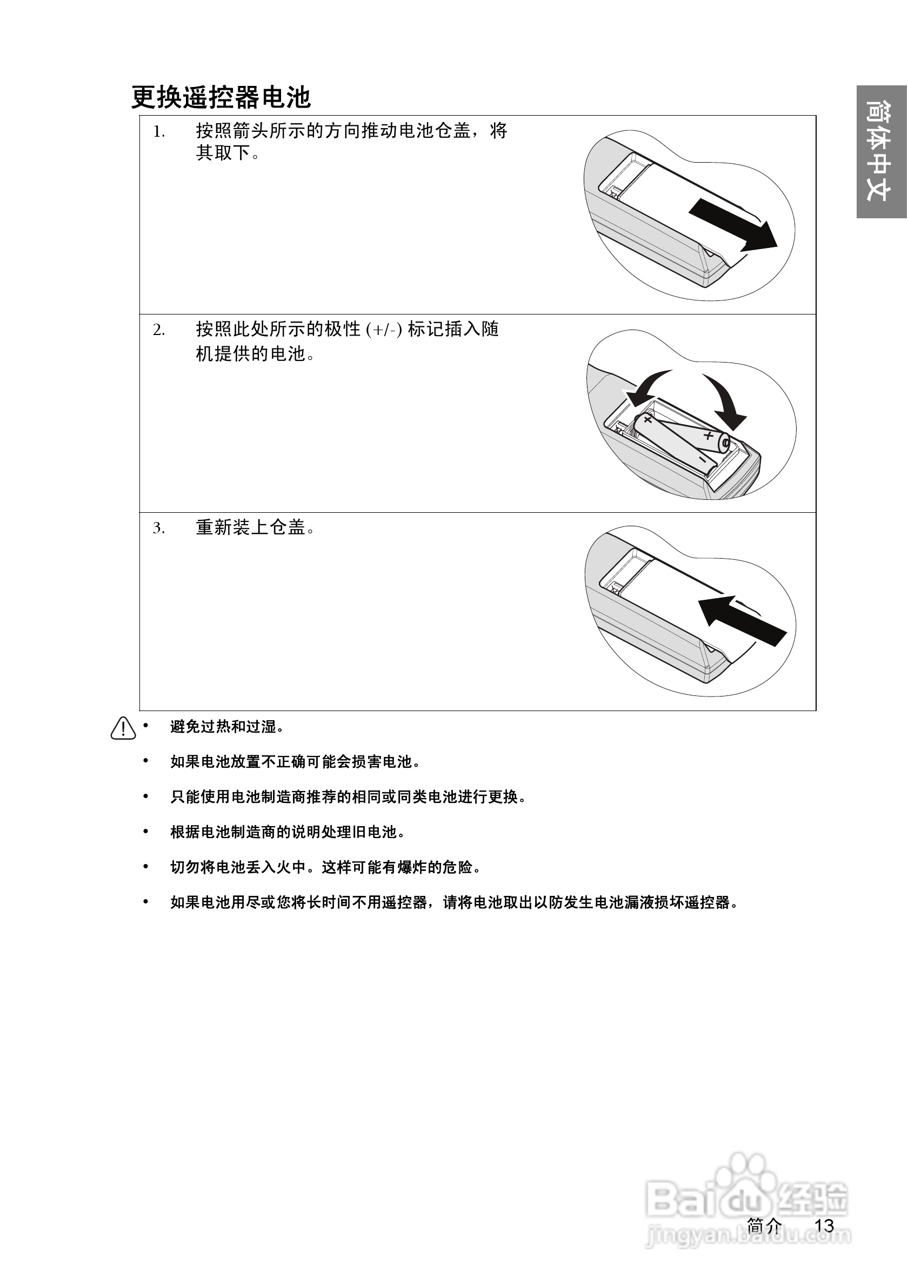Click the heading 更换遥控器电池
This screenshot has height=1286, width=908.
[x=221, y=97]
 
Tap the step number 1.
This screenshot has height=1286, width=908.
[x=158, y=132]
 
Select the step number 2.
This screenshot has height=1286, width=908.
[x=158, y=330]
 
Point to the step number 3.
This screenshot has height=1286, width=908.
[x=158, y=528]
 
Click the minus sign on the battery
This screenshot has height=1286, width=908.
[x=702, y=459]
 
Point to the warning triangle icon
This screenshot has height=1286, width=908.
[x=123, y=728]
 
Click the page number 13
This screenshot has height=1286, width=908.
[x=824, y=1225]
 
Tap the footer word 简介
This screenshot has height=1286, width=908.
[x=765, y=1225]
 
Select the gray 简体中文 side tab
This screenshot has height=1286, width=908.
[x=880, y=151]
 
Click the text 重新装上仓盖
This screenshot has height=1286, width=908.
[x=255, y=527]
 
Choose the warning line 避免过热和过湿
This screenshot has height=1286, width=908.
[x=227, y=727]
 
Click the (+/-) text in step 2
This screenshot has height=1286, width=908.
[x=384, y=330]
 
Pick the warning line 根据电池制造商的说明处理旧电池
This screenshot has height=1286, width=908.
[x=288, y=832]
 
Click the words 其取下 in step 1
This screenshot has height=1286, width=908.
[x=223, y=153]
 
